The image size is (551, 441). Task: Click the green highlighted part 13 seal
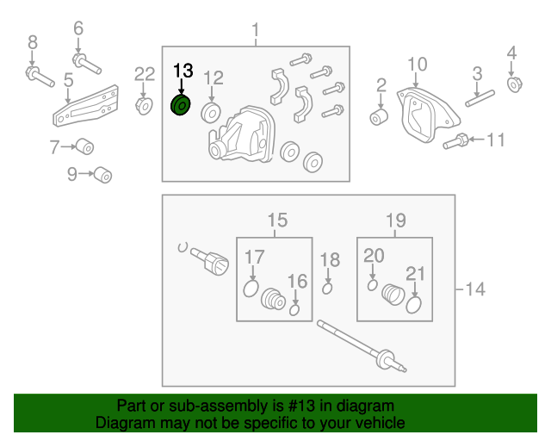(x=182, y=106)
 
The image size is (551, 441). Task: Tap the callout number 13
(x=184, y=71)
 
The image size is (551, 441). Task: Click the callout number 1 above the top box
(x=255, y=32)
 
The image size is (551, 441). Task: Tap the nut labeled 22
(x=144, y=106)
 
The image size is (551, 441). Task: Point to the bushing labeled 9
(x=103, y=175)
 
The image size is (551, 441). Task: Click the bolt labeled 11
(x=457, y=142)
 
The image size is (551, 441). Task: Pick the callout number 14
(x=474, y=290)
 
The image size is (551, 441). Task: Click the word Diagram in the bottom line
(x=121, y=423)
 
